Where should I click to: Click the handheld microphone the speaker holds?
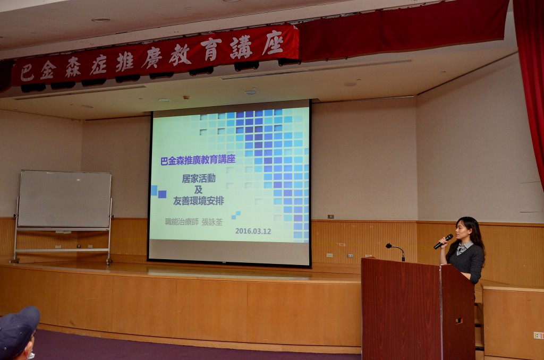pos(443,242)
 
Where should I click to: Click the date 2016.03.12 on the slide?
pos(253,231)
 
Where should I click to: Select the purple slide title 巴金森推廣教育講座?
pos(198,160)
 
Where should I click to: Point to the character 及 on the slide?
pos(198,190)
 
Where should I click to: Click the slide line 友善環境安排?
pos(199,201)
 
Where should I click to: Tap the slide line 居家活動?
pos(199,178)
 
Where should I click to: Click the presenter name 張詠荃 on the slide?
pos(211,222)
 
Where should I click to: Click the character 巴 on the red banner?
pos(27,73)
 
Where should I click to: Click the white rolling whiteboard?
pos(64,199)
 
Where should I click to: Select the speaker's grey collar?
pos(464,247)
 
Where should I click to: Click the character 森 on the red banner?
pos(73,66)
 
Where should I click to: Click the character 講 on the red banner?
pos(241,47)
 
